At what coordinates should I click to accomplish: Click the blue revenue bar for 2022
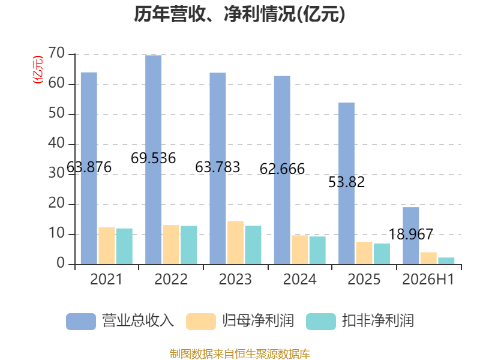click(x=154, y=160)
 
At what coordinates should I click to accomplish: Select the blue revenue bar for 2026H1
click(x=411, y=236)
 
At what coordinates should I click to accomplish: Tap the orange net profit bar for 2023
click(x=235, y=243)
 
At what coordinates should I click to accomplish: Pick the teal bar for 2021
click(x=124, y=247)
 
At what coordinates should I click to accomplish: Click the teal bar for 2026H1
click(x=446, y=261)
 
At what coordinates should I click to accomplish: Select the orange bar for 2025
click(x=364, y=253)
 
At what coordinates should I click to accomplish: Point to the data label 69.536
click(x=154, y=158)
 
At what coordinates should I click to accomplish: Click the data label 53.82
click(x=347, y=182)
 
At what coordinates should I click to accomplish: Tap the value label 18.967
click(x=411, y=235)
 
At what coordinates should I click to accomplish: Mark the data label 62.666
click(x=282, y=169)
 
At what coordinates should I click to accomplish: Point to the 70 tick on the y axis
click(x=56, y=53)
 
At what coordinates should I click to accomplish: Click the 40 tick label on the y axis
click(x=56, y=143)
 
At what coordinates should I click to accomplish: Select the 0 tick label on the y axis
click(x=61, y=263)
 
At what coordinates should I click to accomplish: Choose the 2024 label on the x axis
click(x=299, y=279)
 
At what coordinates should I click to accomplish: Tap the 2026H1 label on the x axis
click(x=428, y=279)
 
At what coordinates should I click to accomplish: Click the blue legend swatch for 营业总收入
click(x=81, y=322)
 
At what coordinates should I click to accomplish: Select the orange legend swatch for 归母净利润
click(x=201, y=322)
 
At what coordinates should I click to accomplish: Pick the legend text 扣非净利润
click(x=378, y=321)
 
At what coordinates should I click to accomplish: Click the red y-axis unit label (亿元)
click(x=38, y=70)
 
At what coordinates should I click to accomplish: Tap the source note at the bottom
click(x=240, y=354)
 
